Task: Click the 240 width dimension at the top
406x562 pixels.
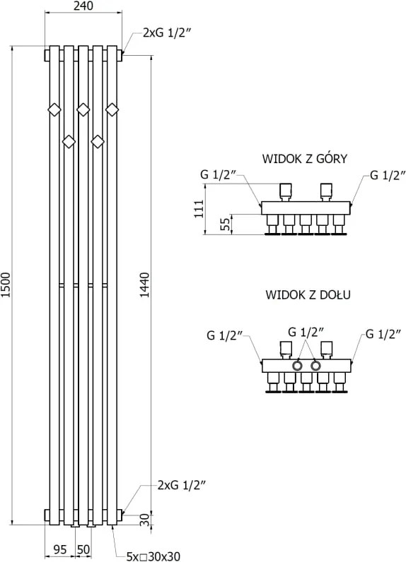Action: pos(83,6)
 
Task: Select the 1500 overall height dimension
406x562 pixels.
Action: pos(6,285)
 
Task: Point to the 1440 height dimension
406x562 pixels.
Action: pos(144,285)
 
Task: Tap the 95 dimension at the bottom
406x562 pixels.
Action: pos(60,549)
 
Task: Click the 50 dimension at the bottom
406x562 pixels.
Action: pos(83,549)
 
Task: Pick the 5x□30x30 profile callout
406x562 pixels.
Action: pos(153,556)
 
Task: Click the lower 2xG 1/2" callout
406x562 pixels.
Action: pos(181,485)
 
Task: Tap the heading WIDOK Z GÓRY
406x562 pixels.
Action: pos(305,158)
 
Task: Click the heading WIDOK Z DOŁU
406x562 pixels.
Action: pos(308,294)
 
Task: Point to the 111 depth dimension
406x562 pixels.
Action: pos(199,208)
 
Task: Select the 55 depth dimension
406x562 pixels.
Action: pos(225,225)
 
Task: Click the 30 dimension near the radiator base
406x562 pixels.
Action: pos(144,520)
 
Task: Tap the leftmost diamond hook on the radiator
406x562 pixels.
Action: pos(54,109)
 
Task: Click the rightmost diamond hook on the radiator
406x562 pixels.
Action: pos(112,109)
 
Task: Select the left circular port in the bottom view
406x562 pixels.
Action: pos(298,366)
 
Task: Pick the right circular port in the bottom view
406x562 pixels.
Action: pos(315,366)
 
